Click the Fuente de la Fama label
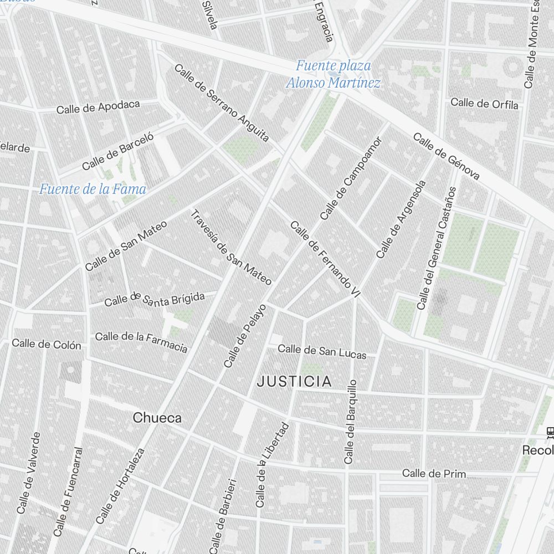tap(93, 189)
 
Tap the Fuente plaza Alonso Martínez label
tap(333, 74)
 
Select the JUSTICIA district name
tap(294, 381)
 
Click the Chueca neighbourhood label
tap(157, 418)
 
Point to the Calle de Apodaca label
tap(98, 107)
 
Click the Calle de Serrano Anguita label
tap(222, 103)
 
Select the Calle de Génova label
tap(446, 157)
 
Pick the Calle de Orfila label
tap(484, 104)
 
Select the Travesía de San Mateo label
tap(231, 248)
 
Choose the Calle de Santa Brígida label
tap(155, 299)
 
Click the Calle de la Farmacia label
tap(141, 342)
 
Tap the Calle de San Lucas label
tap(322, 351)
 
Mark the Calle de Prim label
tap(434, 474)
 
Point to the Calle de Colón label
tap(47, 344)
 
